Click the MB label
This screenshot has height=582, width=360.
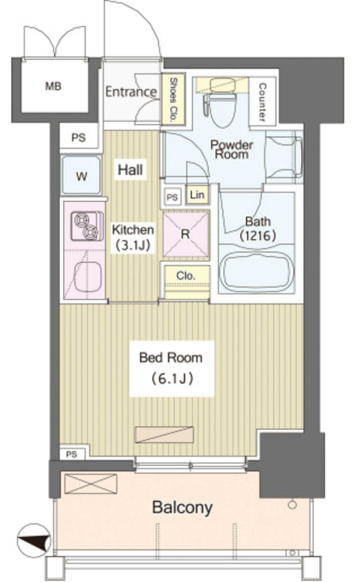point(53,86)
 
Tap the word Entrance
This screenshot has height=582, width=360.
point(131,92)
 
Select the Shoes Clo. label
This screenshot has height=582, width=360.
point(173,99)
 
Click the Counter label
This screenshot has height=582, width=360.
point(262,102)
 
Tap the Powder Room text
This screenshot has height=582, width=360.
point(231,149)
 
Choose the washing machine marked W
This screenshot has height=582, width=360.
point(81,175)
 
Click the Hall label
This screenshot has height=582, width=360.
point(130,169)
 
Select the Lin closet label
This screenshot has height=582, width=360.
point(197,194)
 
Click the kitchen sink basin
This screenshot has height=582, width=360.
point(88,277)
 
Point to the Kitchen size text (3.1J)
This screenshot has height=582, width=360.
point(133,246)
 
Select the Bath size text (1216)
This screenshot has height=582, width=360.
point(258,235)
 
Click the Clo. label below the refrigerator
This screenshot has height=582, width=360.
point(186,276)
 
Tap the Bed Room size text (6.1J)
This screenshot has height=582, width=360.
point(171,379)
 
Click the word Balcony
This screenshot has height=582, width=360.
point(183,507)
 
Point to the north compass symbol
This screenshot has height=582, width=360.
point(34,541)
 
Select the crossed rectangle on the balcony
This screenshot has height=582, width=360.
point(90,484)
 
